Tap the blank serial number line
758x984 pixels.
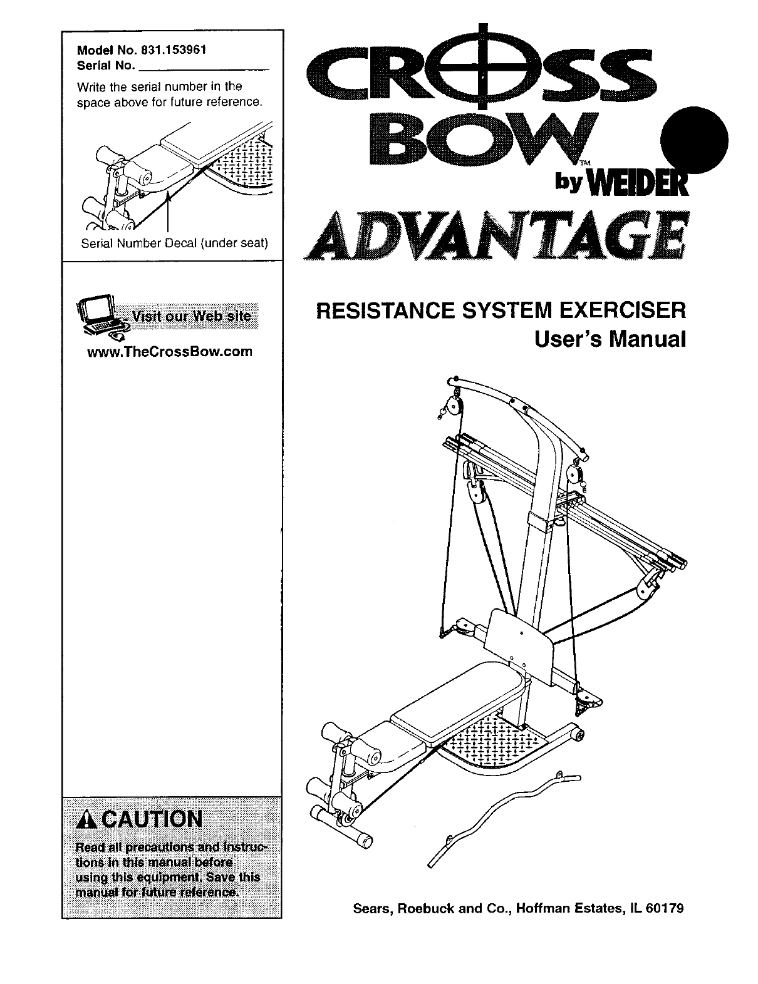point(203,66)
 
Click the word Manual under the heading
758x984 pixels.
point(649,339)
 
